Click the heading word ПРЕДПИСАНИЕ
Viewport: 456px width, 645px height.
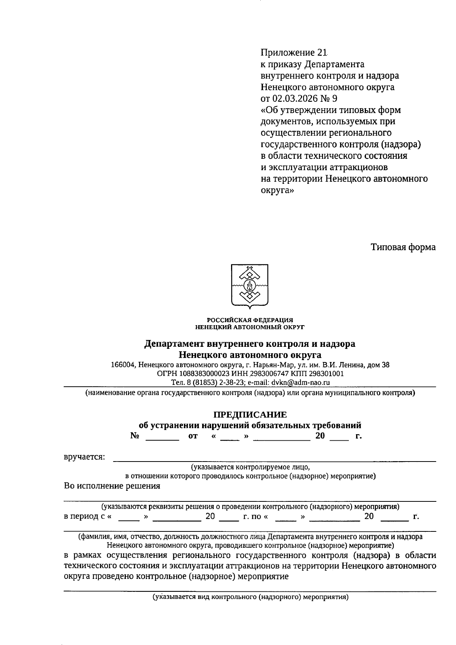tap(250, 414)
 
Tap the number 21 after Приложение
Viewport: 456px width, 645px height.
tap(321, 52)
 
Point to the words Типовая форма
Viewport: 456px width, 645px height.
tap(403, 247)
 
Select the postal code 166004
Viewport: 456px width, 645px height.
tap(122, 365)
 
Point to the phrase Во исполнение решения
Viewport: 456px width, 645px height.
tap(112, 486)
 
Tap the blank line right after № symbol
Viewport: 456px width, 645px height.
tap(162, 437)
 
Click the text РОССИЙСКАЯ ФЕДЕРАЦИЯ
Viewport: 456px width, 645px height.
tap(250, 320)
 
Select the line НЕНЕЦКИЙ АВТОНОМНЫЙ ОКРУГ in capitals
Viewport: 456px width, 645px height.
tap(250, 327)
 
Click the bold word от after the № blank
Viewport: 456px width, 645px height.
tap(193, 436)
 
